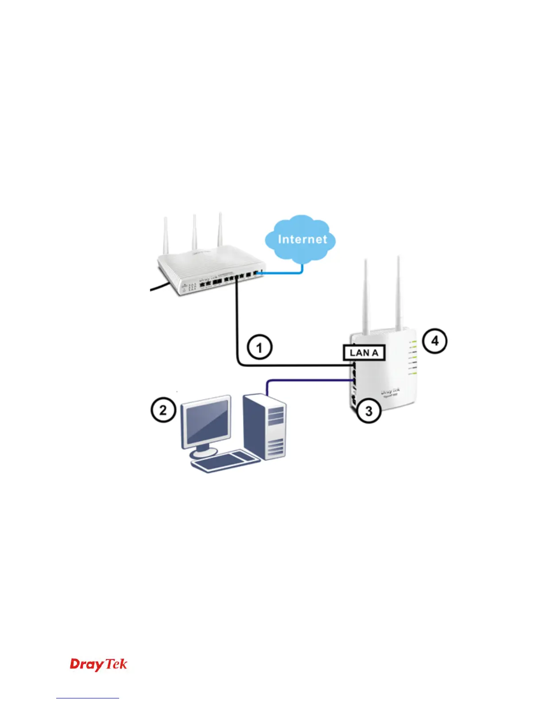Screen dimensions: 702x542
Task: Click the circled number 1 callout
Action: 259,347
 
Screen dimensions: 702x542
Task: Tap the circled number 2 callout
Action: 163,409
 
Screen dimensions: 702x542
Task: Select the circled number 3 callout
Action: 368,411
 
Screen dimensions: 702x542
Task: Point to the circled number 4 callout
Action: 435,341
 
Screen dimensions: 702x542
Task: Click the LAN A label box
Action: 364,353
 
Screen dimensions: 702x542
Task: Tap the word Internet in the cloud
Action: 302,239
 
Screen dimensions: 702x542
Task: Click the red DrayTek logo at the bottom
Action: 98,664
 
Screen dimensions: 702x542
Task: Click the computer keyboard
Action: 225,461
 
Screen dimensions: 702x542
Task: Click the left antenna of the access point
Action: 366,297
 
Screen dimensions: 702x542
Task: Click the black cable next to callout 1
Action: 237,328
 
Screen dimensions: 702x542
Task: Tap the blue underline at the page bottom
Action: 88,698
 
